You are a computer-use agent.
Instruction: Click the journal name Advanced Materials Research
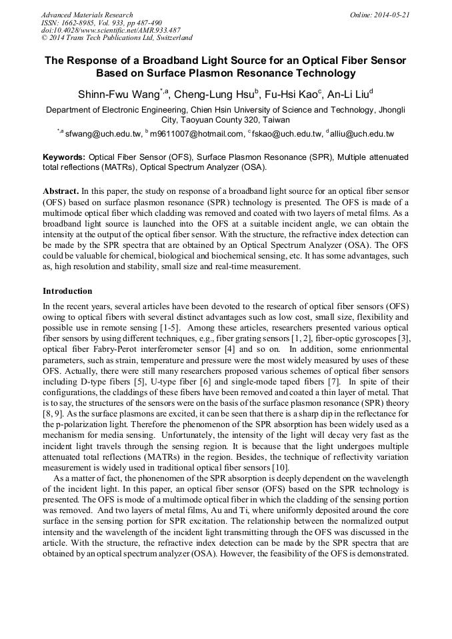click(87, 15)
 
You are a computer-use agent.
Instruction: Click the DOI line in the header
click(111, 31)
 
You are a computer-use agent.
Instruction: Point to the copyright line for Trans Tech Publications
click(117, 38)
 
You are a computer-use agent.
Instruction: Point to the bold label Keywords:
click(64, 157)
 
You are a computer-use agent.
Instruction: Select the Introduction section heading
click(67, 291)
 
